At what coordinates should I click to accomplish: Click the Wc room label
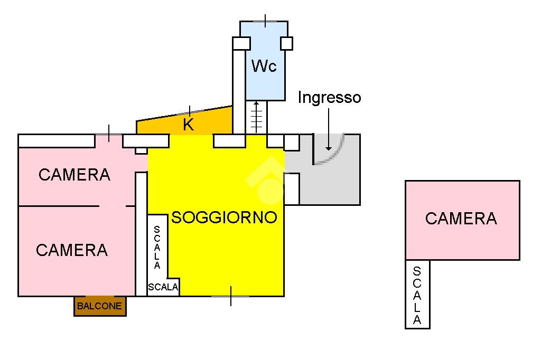click(264, 67)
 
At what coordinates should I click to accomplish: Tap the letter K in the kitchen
click(188, 125)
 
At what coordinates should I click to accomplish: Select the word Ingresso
click(329, 98)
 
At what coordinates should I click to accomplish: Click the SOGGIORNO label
click(225, 217)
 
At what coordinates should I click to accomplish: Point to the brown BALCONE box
click(100, 306)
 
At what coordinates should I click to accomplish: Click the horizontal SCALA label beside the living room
click(163, 288)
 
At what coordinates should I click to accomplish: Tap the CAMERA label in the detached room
click(461, 218)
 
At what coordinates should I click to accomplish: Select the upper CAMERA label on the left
click(74, 174)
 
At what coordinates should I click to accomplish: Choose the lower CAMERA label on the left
click(72, 250)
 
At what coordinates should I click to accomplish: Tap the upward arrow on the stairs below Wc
click(256, 116)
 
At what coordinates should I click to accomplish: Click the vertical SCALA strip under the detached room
click(417, 295)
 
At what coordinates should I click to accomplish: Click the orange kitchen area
click(211, 122)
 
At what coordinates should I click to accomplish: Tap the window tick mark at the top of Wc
click(265, 21)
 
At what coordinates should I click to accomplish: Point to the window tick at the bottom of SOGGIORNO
click(231, 296)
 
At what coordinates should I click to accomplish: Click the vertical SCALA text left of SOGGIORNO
click(157, 248)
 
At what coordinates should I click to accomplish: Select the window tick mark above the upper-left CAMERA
click(109, 134)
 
